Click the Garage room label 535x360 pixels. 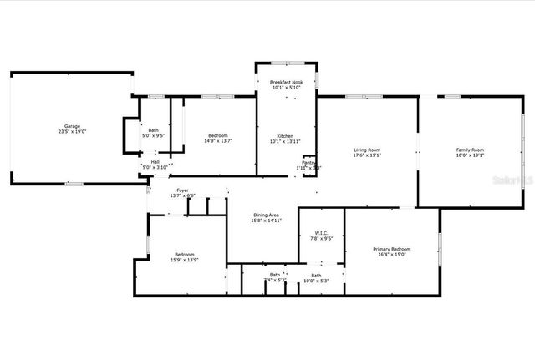tap(73, 126)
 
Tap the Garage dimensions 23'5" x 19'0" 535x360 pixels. tap(73, 132)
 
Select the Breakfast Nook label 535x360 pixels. tap(285, 82)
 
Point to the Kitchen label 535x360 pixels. tap(285, 136)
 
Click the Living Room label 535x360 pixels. tap(367, 150)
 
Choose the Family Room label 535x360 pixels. tap(470, 150)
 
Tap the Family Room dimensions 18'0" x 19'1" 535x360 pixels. tap(470, 155)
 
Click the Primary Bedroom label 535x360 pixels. tap(391, 249)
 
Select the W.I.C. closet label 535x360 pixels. tap(321, 233)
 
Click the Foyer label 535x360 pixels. tap(181, 190)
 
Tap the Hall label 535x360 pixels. tap(155, 161)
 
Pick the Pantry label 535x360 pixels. tap(308, 163)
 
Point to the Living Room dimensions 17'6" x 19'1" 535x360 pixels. tap(367, 155)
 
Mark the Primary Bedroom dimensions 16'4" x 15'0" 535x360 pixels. tap(391, 255)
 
